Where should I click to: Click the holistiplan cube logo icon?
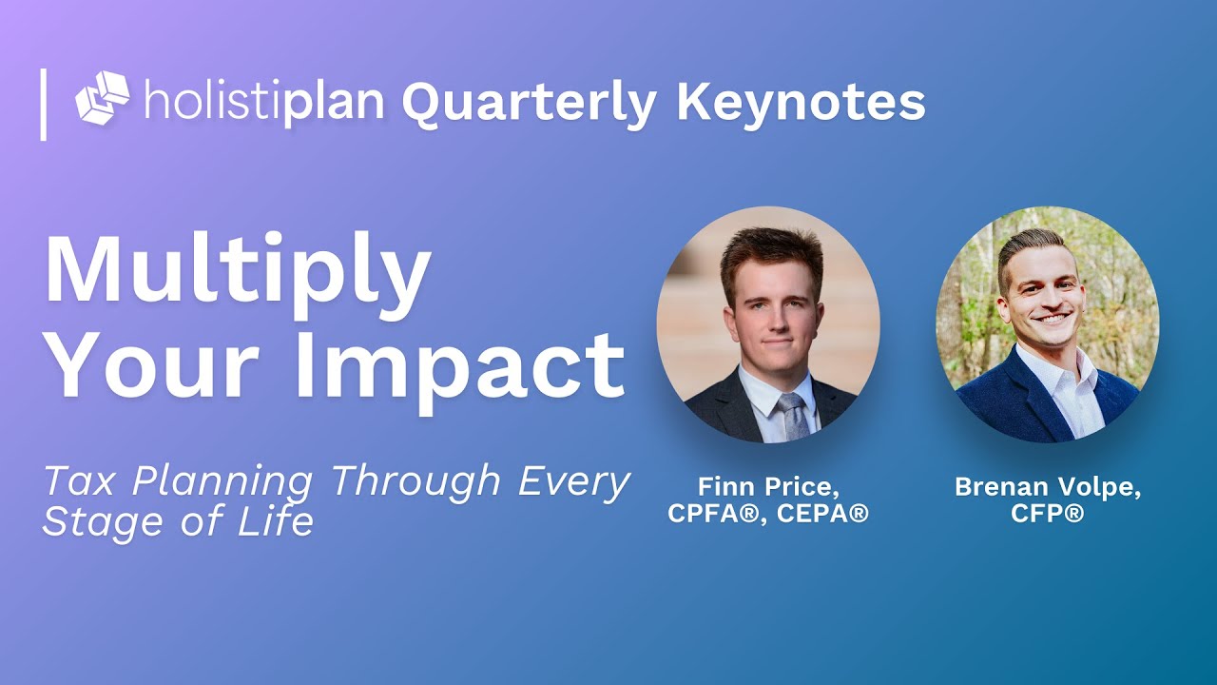click(x=102, y=98)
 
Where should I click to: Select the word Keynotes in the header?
click(x=801, y=102)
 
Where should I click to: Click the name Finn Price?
click(x=767, y=487)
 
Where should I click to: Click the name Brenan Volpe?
click(x=1048, y=487)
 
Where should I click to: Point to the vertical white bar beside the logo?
click(x=43, y=104)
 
